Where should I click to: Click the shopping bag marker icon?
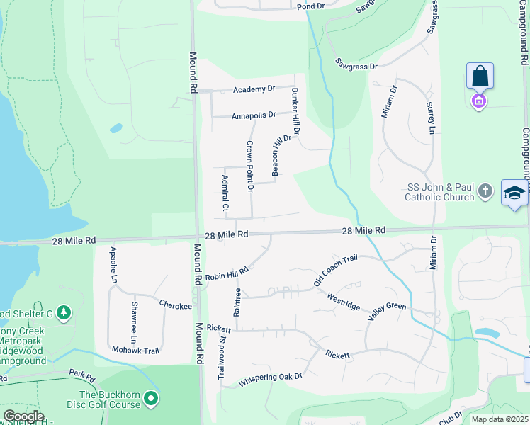pyautogui.click(x=480, y=75)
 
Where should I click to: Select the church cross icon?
pyautogui.click(x=485, y=191)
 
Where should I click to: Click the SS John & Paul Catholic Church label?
pyautogui.click(x=440, y=192)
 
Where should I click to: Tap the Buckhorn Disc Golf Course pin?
pyautogui.click(x=150, y=399)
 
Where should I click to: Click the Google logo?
pyautogui.click(x=23, y=416)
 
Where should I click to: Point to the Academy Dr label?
pyautogui.click(x=255, y=89)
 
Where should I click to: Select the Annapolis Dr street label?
pyautogui.click(x=253, y=115)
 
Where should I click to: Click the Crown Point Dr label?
pyautogui.click(x=249, y=166)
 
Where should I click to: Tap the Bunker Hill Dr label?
pyautogui.click(x=296, y=111)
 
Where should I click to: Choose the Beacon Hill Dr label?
pyautogui.click(x=282, y=155)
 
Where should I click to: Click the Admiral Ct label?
pyautogui.click(x=225, y=193)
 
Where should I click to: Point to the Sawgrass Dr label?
pyautogui.click(x=356, y=64)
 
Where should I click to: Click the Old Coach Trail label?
pyautogui.click(x=334, y=272)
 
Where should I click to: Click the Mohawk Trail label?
pyautogui.click(x=135, y=350)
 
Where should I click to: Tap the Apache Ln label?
pyautogui.click(x=113, y=265)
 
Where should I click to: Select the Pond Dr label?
pyautogui.click(x=310, y=6)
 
